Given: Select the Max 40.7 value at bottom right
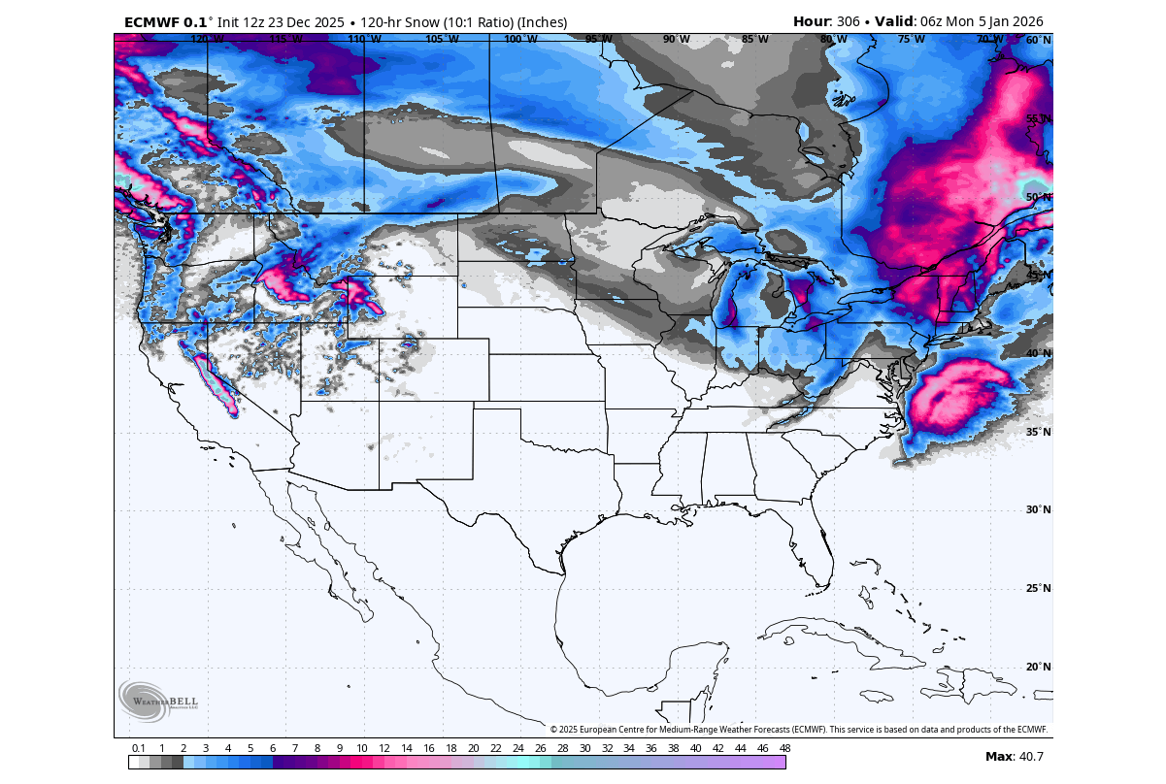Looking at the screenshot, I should [1015, 756].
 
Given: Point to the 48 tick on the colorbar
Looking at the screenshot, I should [783, 748].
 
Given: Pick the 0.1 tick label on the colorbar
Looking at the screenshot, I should [139, 748].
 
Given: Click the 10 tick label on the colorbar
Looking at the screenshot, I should [361, 748].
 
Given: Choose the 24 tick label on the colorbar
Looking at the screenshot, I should [517, 748].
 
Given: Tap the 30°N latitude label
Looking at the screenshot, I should [1038, 510].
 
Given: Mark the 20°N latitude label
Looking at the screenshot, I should [1038, 667].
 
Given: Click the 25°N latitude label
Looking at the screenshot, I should [1038, 588].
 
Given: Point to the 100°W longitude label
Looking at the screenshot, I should [520, 40].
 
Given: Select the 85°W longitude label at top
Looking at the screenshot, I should [754, 40].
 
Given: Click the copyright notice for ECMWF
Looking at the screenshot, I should [799, 730].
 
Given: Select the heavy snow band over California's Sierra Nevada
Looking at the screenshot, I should [216, 383].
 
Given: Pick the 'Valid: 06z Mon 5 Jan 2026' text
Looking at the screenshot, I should [965, 21].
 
